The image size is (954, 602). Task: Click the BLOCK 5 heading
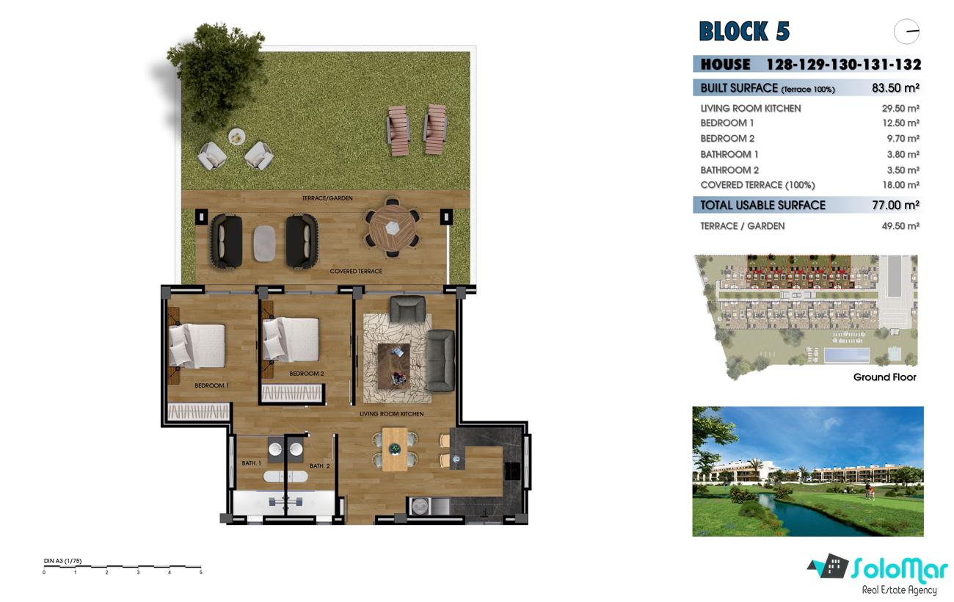click(x=744, y=31)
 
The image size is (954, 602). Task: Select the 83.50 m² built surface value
click(x=895, y=88)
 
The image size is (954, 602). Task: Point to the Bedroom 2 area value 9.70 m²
click(x=903, y=139)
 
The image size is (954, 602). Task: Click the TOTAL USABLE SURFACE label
click(x=762, y=206)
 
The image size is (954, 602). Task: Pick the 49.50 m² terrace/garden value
click(x=900, y=226)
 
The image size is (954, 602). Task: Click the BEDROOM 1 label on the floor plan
click(x=211, y=385)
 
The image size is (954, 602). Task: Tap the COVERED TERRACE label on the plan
click(x=356, y=272)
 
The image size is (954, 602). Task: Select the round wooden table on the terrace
click(x=393, y=228)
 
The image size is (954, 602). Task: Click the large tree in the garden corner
click(x=216, y=70)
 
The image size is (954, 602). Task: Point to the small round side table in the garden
click(x=237, y=137)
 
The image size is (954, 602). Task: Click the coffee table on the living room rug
click(x=394, y=366)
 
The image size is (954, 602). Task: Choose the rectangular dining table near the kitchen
click(x=396, y=449)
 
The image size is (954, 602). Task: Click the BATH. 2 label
click(x=320, y=466)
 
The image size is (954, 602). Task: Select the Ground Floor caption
click(x=884, y=377)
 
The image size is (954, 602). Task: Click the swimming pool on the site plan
click(x=847, y=355)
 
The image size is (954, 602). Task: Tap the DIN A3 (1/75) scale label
click(x=62, y=561)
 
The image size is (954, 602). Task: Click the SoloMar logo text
click(x=900, y=569)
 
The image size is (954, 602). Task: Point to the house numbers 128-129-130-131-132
click(x=844, y=65)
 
